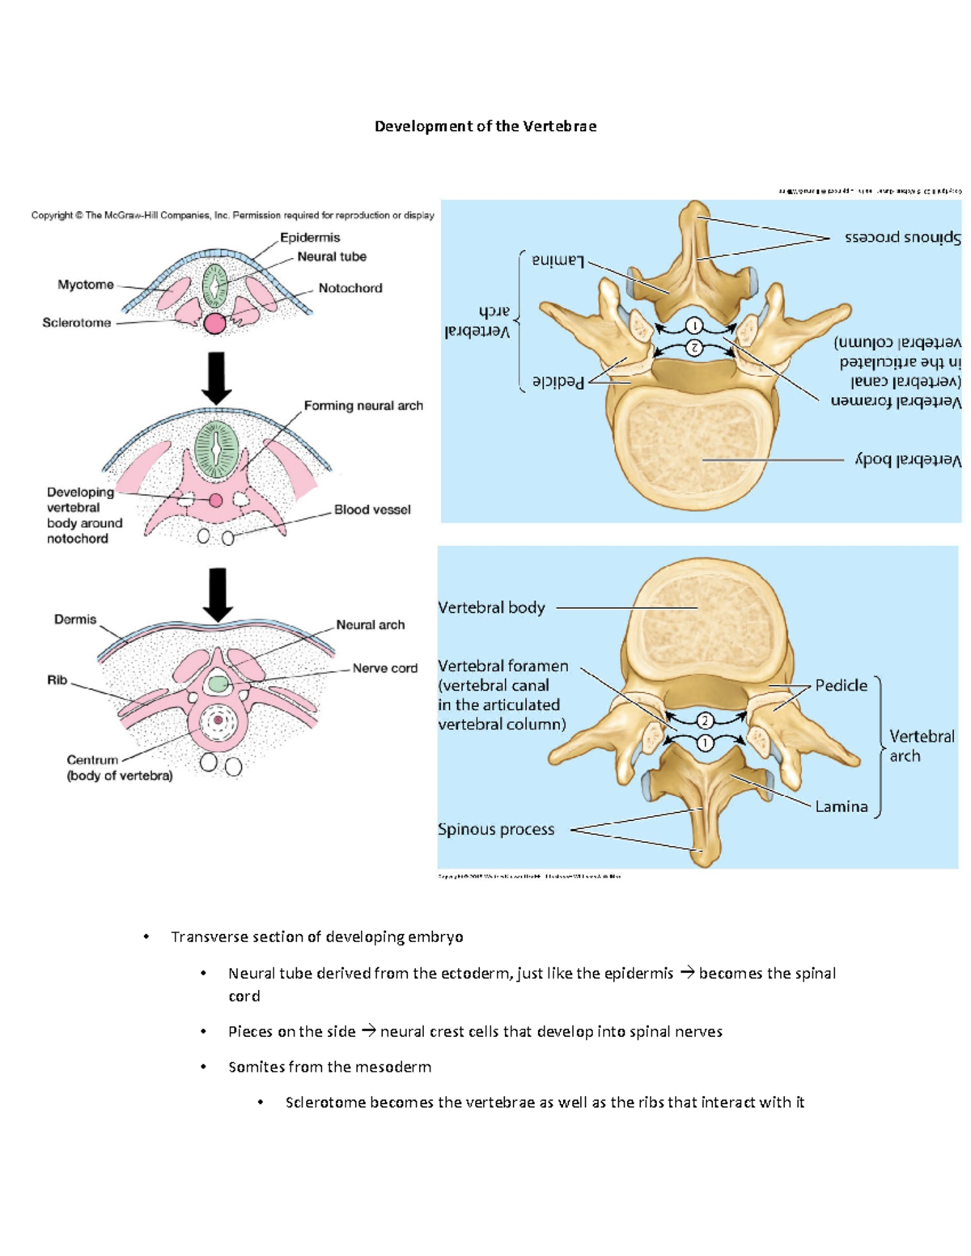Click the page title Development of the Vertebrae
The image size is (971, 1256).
[485, 126]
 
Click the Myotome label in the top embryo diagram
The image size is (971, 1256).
[86, 285]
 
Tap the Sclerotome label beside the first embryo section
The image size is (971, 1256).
[76, 323]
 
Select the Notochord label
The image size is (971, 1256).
[350, 288]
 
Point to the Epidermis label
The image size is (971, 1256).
[310, 238]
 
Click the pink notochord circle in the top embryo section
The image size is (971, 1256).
[214, 324]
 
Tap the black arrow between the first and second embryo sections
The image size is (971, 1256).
[216, 377]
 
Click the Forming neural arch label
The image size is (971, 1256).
[363, 406]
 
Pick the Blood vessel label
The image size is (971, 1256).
[372, 510]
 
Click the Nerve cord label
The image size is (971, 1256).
[384, 668]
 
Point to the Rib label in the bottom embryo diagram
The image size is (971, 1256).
[57, 680]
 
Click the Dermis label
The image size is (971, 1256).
[75, 620]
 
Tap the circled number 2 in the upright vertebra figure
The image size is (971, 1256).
[705, 721]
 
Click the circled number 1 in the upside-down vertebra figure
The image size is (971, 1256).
[694, 326]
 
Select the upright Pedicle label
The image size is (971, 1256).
[841, 686]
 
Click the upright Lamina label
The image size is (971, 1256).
[841, 806]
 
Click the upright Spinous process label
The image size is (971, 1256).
[496, 829]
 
